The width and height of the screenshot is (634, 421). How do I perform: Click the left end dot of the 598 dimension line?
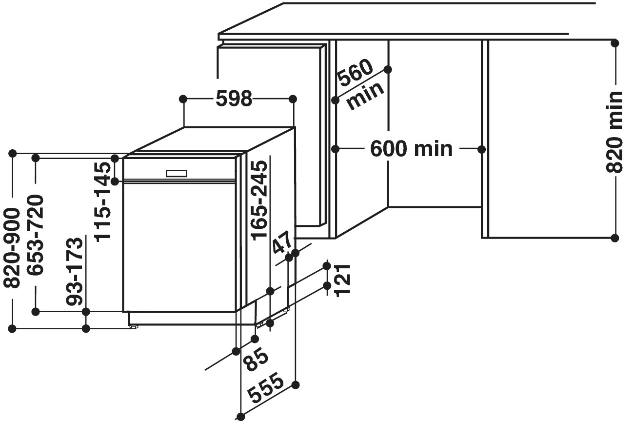pos(183,99)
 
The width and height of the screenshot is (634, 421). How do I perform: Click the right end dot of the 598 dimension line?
pos(293,99)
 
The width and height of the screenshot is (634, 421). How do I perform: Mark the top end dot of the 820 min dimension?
pos(615,43)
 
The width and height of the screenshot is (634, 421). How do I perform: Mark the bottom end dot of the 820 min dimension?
pos(615,238)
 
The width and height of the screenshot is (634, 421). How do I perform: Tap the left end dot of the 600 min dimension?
pos(336,149)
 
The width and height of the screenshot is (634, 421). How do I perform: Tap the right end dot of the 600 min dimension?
pos(481,149)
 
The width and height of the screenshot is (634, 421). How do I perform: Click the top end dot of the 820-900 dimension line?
pos(13,154)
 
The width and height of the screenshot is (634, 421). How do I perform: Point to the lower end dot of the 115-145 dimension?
pos(115,181)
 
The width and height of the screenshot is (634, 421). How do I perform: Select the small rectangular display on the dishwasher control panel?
pos(177,173)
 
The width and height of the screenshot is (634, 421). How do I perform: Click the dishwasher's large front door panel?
pos(179,247)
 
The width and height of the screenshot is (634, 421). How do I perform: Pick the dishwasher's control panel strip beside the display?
pos(179,169)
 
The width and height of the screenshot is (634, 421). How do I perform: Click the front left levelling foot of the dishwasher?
pos(134,327)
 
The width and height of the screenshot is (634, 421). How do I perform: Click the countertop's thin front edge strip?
pos(393,37)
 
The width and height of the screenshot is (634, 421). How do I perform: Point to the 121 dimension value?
pos(343,281)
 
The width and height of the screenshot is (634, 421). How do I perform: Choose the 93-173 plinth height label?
pos(75,272)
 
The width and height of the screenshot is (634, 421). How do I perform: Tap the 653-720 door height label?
pos(35,235)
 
